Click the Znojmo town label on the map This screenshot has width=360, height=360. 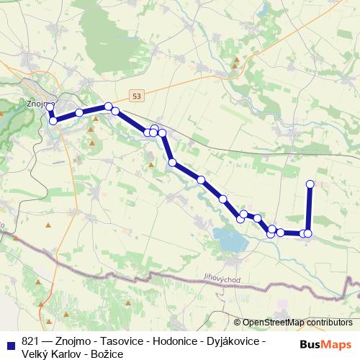[36, 102]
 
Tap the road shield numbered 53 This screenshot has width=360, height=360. [137, 95]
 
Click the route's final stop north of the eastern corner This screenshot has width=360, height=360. [310, 184]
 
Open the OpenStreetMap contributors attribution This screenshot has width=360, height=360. [297, 323]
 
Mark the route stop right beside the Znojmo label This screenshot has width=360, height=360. [50, 107]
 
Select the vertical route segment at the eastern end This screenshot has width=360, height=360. [310, 209]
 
